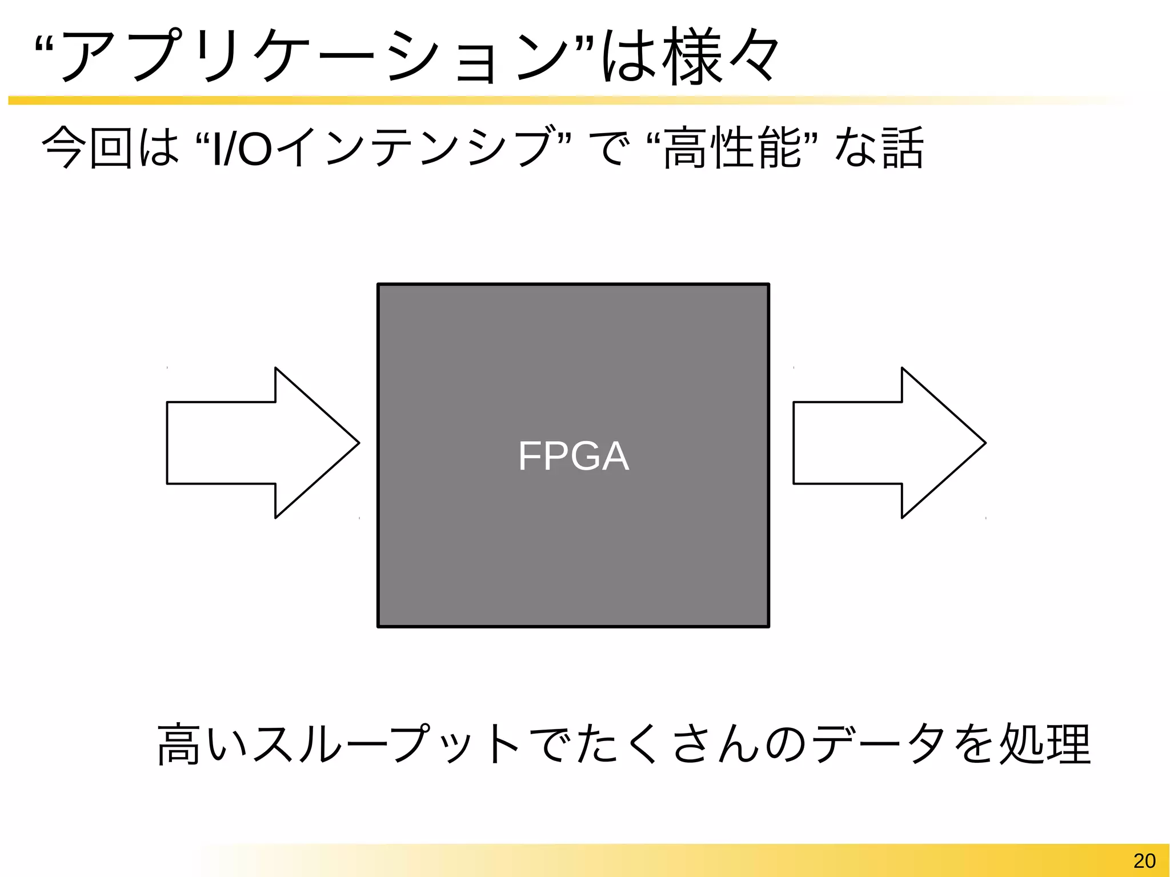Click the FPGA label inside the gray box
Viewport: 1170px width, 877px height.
tap(574, 456)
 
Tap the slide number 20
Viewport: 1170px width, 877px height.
tap(1144, 860)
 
